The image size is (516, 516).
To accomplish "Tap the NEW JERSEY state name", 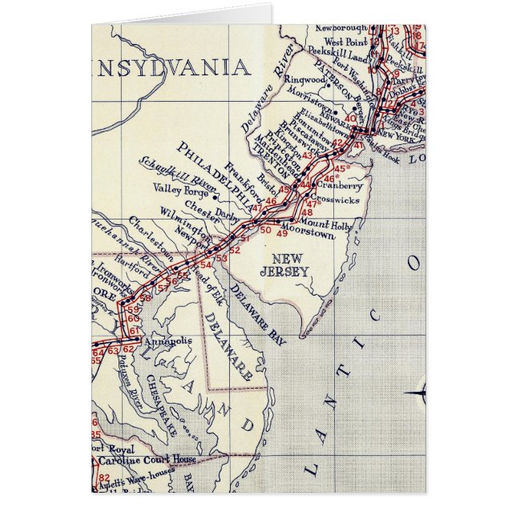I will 288,265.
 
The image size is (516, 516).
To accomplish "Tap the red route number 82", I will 104,478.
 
